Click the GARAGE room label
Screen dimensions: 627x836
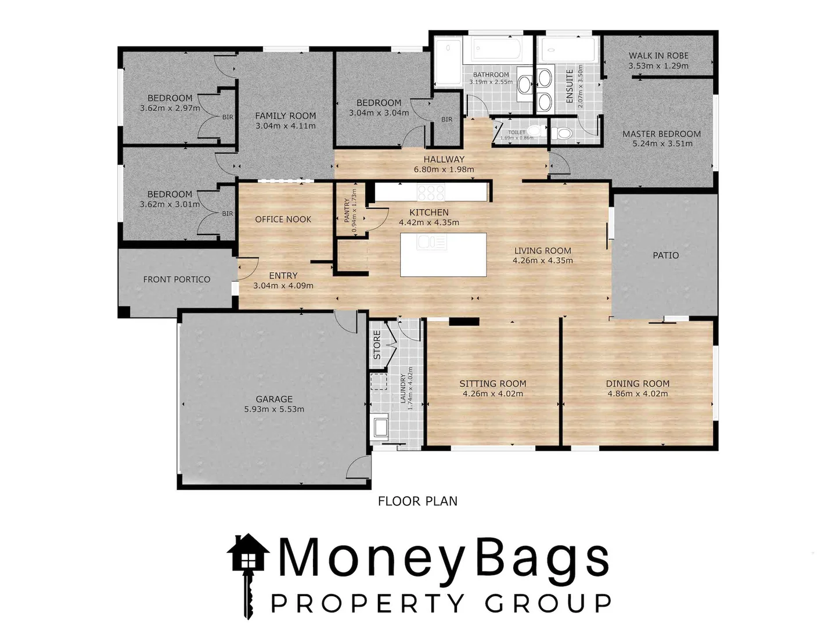[x=274, y=399]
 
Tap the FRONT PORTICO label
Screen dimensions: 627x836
[x=176, y=279]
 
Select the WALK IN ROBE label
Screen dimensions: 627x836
[x=658, y=56]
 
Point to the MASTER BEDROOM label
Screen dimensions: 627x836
[x=661, y=134]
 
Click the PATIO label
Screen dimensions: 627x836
[x=665, y=255]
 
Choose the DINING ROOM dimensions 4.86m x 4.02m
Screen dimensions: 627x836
[x=637, y=394]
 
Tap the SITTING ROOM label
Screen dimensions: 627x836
[x=492, y=383]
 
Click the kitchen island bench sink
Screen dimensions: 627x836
[x=431, y=242]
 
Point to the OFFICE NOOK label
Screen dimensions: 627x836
[x=283, y=219]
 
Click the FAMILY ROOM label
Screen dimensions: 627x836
[x=286, y=116]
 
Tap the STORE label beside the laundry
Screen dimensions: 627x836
[x=377, y=345]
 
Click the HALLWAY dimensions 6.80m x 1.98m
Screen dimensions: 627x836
[x=444, y=170]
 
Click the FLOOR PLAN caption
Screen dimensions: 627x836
[x=417, y=501]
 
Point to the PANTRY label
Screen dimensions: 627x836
[x=347, y=210]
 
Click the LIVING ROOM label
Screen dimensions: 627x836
[x=542, y=251]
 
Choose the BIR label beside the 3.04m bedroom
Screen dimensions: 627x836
[x=446, y=120]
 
